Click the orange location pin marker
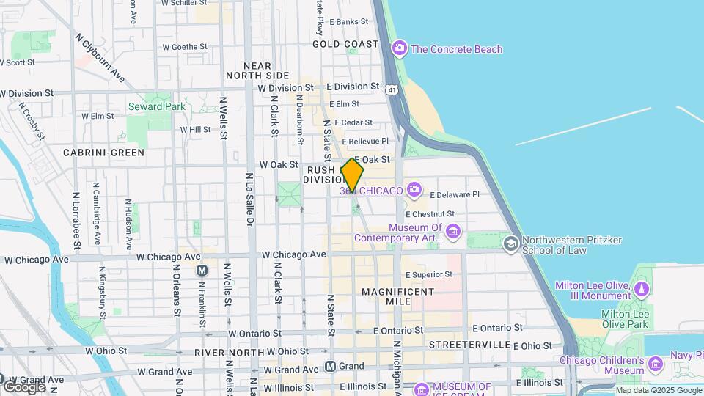pyautogui.click(x=352, y=176)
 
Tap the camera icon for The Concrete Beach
pyautogui.click(x=400, y=49)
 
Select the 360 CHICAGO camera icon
pyautogui.click(x=414, y=191)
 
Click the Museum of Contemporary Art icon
pyautogui.click(x=452, y=232)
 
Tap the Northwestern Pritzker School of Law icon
pyautogui.click(x=510, y=243)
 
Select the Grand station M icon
pyautogui.click(x=331, y=366)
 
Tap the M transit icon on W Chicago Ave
pyautogui.click(x=202, y=271)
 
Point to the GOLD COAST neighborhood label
pyautogui.click(x=345, y=44)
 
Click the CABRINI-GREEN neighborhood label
pyautogui.click(x=103, y=153)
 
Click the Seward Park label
pyautogui.click(x=157, y=106)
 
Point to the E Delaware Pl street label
pyautogui.click(x=454, y=195)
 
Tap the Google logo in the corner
pyautogui.click(x=24, y=386)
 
